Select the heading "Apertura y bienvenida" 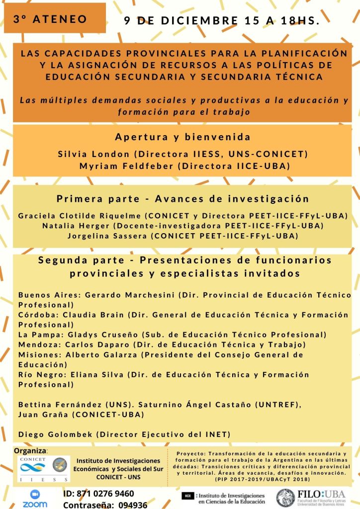182,137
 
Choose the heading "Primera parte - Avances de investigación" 182,199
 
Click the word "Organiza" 30,450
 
